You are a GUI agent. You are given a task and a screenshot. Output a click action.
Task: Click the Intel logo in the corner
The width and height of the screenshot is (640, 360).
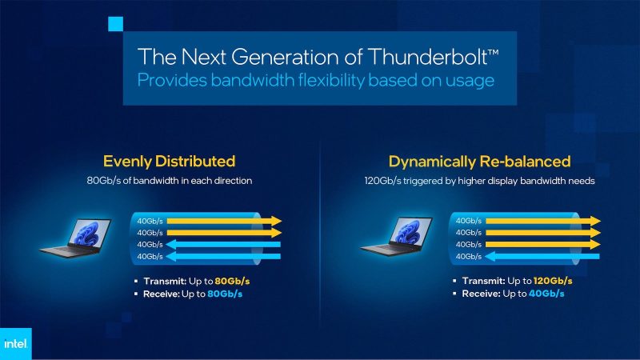[17, 342]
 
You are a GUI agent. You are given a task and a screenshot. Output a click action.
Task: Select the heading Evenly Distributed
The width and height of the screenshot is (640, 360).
[169, 162]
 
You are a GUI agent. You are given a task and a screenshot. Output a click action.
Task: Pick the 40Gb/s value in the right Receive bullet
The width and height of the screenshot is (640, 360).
[545, 294]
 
